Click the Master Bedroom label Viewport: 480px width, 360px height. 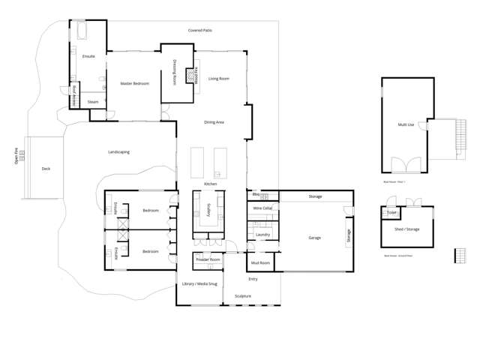coord(135,83)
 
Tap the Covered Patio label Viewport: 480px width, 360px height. coord(199,31)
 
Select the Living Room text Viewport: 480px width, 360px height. coord(219,78)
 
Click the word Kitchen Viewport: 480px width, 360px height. coord(211,184)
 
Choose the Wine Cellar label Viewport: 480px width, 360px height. coord(262,208)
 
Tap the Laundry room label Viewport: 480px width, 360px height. coord(262,235)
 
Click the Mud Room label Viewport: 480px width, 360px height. coord(260,262)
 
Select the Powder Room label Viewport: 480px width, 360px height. coord(208,259)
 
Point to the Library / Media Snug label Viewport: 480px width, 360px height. coord(199,283)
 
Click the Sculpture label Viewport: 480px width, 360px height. coord(243,295)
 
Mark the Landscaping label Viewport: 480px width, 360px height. coord(118,151)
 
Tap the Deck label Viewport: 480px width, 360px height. coord(46,169)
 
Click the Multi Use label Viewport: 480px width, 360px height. coord(406,124)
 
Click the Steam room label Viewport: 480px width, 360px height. coord(93,101)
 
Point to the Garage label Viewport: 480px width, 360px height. coord(314,238)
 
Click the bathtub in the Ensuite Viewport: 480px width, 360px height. coord(81,32)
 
